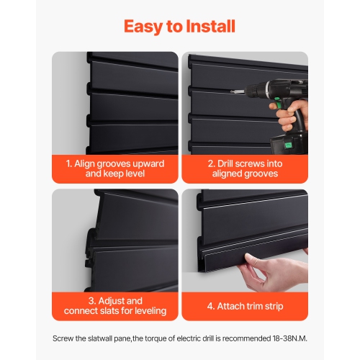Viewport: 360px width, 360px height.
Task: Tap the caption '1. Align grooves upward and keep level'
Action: (115, 168)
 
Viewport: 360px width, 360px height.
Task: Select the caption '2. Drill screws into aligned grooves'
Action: (244, 168)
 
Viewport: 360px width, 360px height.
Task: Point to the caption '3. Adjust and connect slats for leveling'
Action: (115, 305)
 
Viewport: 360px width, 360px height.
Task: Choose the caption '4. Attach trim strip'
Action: (244, 305)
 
